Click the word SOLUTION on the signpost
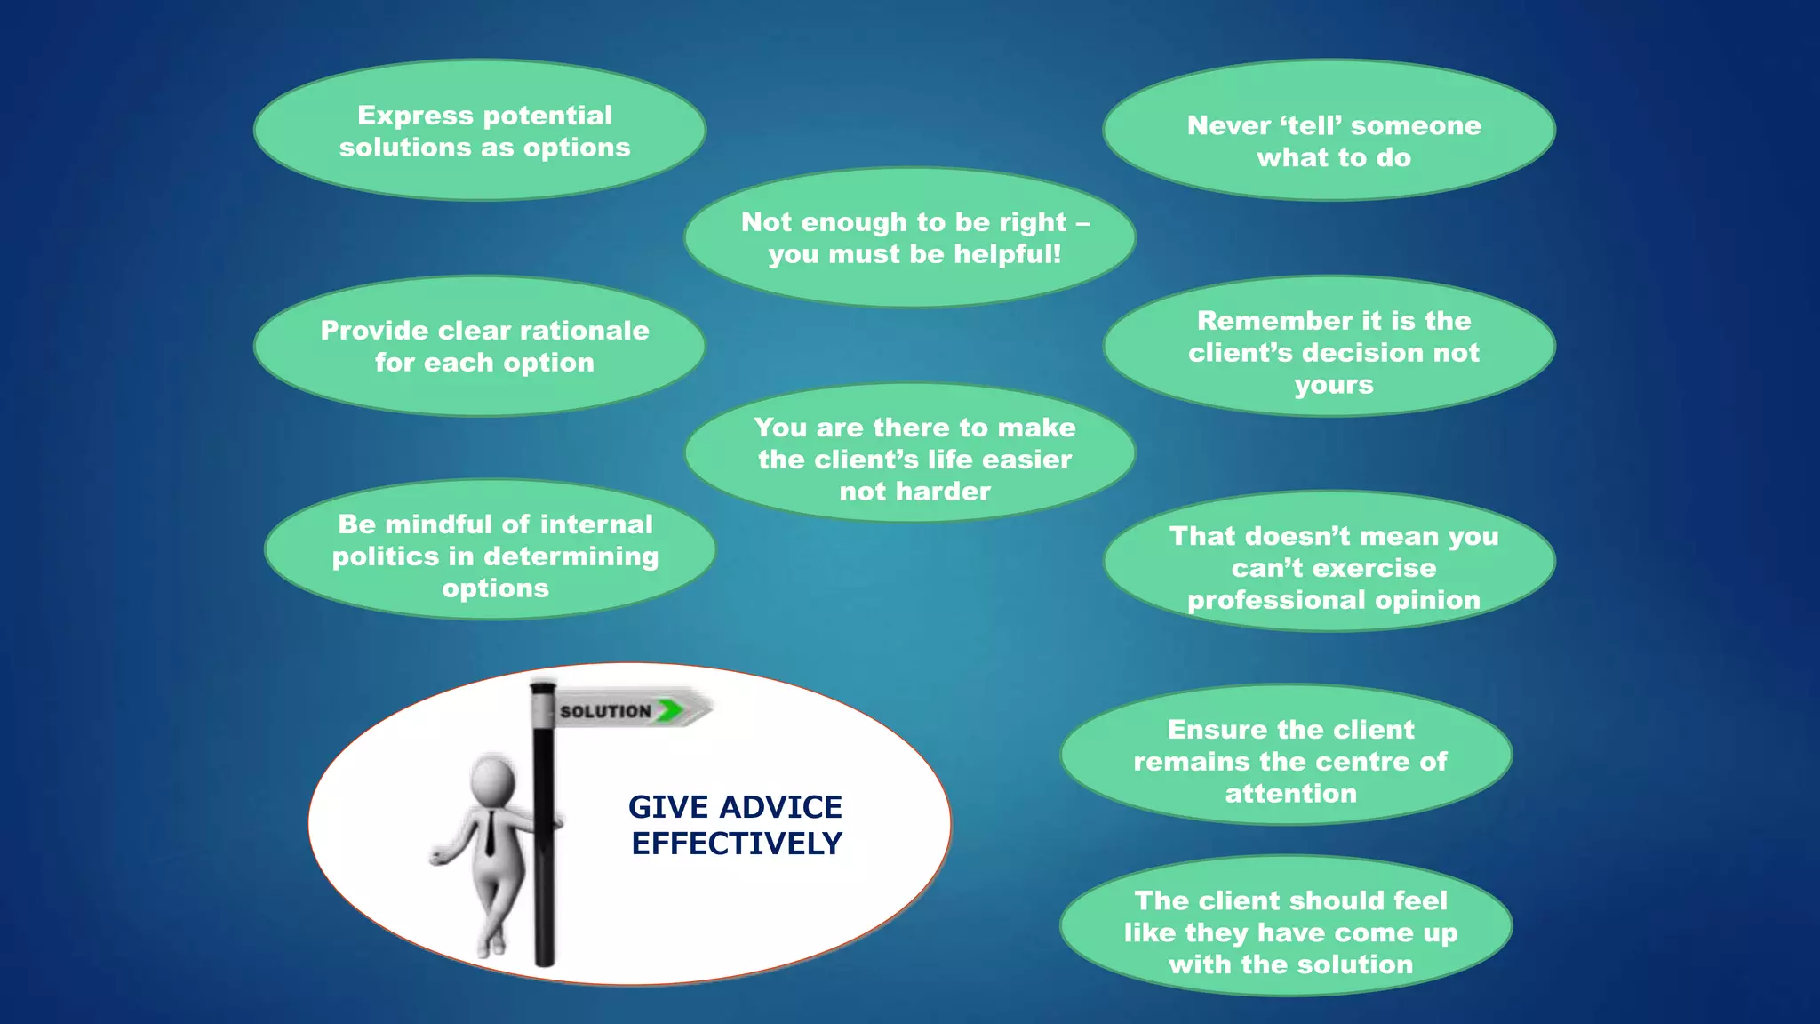tap(605, 711)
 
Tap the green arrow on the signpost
tap(671, 709)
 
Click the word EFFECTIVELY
tap(737, 844)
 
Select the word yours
tap(1334, 385)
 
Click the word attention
tap(1290, 794)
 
